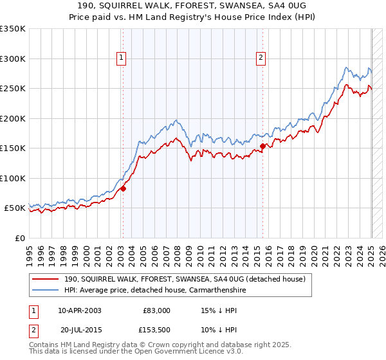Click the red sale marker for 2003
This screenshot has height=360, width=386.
coord(123,188)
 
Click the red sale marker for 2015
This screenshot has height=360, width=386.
coord(262,147)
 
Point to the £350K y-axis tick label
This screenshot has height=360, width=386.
coord(13,29)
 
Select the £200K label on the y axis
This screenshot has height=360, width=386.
coord(13,118)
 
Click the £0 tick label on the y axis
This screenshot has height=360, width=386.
coord(19,238)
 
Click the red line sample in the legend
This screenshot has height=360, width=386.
coord(46,279)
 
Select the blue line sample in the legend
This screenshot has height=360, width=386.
coord(46,290)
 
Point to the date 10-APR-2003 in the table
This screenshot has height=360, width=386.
coord(80,310)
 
